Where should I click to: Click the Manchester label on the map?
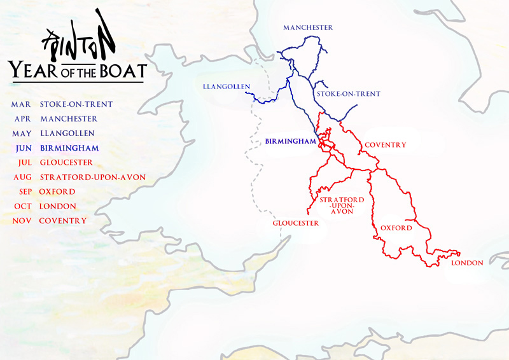(x=308, y=28)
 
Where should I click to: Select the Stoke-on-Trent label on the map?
(x=348, y=94)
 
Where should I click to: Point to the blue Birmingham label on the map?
(x=290, y=141)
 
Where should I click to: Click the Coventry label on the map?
(x=385, y=145)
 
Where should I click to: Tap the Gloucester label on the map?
(x=296, y=223)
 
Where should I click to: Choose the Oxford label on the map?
(x=396, y=228)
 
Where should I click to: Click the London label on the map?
(x=467, y=263)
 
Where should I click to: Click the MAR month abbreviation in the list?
(x=20, y=104)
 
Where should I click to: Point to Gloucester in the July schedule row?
(x=66, y=163)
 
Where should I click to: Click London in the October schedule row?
(x=57, y=207)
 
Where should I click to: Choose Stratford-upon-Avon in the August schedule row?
(x=92, y=177)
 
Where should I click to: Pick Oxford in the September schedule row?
(x=57, y=192)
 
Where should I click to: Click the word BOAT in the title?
(x=122, y=69)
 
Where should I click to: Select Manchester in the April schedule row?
(x=69, y=119)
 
